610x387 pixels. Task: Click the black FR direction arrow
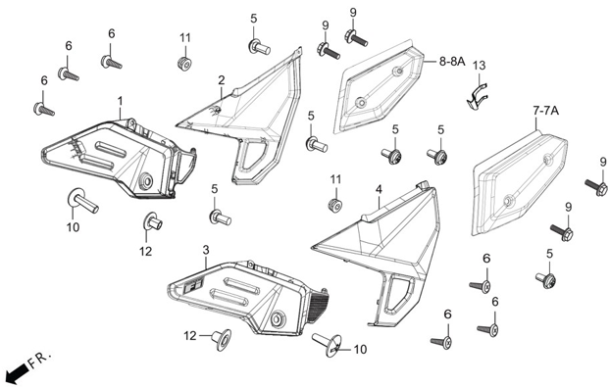(19, 374)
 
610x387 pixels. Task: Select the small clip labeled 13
(478, 97)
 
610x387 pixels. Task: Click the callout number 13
(479, 66)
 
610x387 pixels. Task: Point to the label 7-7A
(545, 111)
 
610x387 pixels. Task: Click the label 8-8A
(452, 61)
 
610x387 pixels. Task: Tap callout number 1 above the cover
(121, 102)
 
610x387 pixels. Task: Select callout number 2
(221, 80)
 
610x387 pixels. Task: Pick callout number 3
(206, 250)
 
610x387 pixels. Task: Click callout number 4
(379, 189)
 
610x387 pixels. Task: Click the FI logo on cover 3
(193, 289)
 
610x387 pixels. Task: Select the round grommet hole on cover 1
(146, 181)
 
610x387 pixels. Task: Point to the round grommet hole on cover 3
(278, 318)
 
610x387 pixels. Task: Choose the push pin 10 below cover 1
(82, 200)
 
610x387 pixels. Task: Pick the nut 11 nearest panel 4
(334, 205)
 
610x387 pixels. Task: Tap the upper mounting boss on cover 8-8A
(397, 72)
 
